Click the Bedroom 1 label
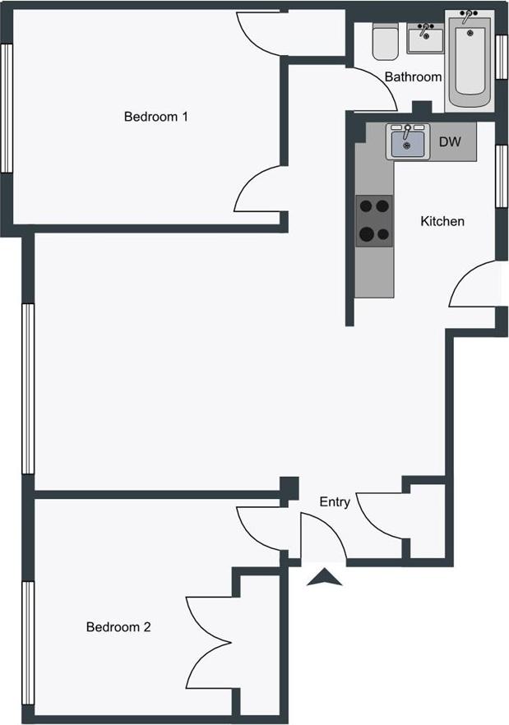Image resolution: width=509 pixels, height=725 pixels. (x=156, y=117)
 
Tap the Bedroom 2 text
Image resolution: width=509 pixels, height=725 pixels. (x=118, y=627)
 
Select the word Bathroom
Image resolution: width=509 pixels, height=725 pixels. (x=413, y=76)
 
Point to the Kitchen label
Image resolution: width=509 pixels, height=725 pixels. (x=442, y=221)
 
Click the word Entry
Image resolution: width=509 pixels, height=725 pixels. (x=335, y=502)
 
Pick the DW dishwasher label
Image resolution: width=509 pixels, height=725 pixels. (x=450, y=142)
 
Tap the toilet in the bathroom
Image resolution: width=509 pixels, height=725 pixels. (x=384, y=41)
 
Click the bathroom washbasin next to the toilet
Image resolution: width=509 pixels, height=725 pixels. (x=425, y=36)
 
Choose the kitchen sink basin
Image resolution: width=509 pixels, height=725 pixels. (x=407, y=143)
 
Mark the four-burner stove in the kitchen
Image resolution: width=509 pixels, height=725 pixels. (x=374, y=220)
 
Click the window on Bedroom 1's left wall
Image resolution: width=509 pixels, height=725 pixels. (x=6, y=108)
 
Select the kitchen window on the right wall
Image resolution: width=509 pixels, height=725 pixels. (x=501, y=175)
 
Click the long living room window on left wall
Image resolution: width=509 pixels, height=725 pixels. (x=28, y=389)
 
